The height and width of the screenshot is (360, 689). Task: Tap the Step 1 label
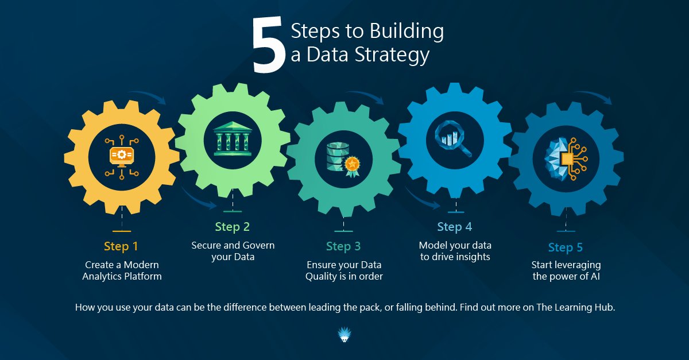121,246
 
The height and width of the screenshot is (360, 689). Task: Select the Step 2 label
233,227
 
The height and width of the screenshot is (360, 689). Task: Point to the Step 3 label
343,246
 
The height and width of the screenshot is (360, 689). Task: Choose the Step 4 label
455,227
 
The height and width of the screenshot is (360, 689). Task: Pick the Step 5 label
566,247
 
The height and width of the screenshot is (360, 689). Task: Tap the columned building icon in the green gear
233,138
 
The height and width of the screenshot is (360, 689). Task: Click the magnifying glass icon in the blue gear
453,138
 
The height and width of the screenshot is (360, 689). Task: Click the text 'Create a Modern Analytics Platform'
122,270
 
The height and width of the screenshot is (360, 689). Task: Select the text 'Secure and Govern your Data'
233,251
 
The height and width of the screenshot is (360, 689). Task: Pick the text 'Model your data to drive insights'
455,251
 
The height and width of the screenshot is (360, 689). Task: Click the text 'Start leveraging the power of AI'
566,270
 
